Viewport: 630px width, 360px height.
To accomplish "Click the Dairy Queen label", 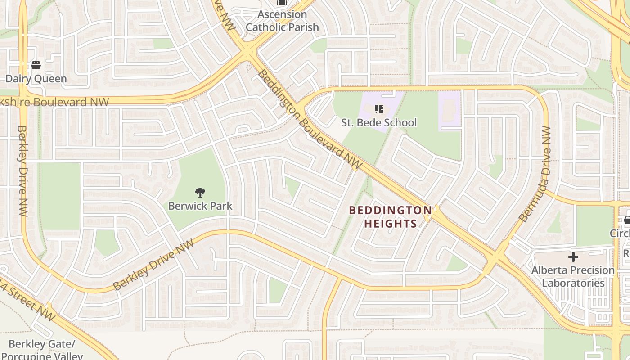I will coord(36,79).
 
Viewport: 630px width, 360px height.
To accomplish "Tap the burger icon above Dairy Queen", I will coord(36,66).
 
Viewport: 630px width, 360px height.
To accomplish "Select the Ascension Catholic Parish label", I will coord(282,21).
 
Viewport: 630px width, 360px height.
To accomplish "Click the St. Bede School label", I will coord(379,122).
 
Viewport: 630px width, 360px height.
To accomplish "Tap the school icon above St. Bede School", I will coord(379,109).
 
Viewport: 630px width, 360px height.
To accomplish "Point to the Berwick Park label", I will coord(200,206).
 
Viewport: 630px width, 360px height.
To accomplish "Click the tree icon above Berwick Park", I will coord(200,193).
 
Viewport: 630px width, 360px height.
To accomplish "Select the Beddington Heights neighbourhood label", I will coord(390,217).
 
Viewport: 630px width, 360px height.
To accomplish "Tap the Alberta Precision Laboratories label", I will coord(573,276).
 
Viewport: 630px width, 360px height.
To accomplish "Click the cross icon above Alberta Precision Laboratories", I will coord(573,257).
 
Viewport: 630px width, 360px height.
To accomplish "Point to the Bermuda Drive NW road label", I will coord(535,174).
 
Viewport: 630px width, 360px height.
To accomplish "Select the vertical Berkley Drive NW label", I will coord(22,171).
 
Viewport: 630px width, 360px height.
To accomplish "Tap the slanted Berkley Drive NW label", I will coord(153,265).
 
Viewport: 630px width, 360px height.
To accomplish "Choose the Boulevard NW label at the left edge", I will coord(54,102).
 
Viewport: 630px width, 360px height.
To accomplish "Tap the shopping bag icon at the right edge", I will coord(627,220).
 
